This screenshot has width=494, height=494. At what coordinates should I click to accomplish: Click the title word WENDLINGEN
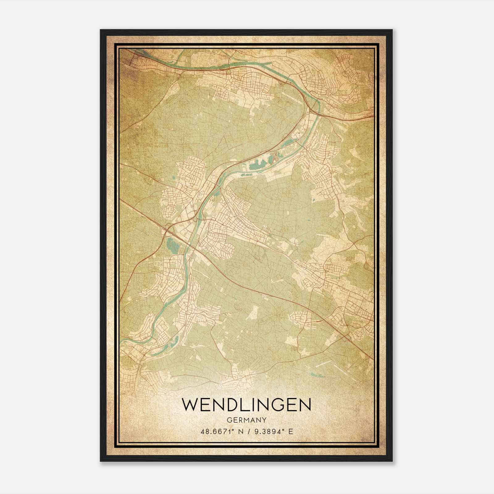pos(246,404)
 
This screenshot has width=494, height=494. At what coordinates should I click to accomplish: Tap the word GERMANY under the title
pos(246,420)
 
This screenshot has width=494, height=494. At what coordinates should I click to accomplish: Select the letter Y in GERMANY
pos(264,420)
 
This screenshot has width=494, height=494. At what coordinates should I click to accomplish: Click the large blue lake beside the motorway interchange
pos(171,246)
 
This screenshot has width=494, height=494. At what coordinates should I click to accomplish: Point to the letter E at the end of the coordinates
pos(291,432)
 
